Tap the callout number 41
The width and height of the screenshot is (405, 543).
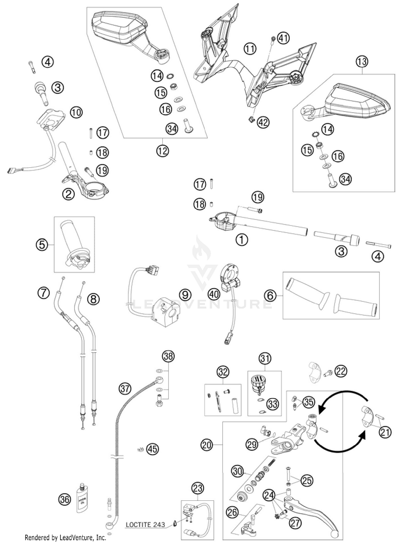coord(283,38)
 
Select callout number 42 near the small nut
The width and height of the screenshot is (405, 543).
coord(263,122)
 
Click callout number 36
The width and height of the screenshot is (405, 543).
coord(65,499)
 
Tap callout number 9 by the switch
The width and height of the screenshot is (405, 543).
coord(185,295)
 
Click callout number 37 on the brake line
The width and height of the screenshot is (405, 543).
coord(125,389)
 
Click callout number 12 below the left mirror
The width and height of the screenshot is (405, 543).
coord(162,151)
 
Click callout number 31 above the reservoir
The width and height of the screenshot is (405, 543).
coord(265,359)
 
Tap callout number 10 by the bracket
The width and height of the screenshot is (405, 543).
coord(76,112)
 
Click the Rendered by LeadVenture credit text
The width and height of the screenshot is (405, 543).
coord(65,537)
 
